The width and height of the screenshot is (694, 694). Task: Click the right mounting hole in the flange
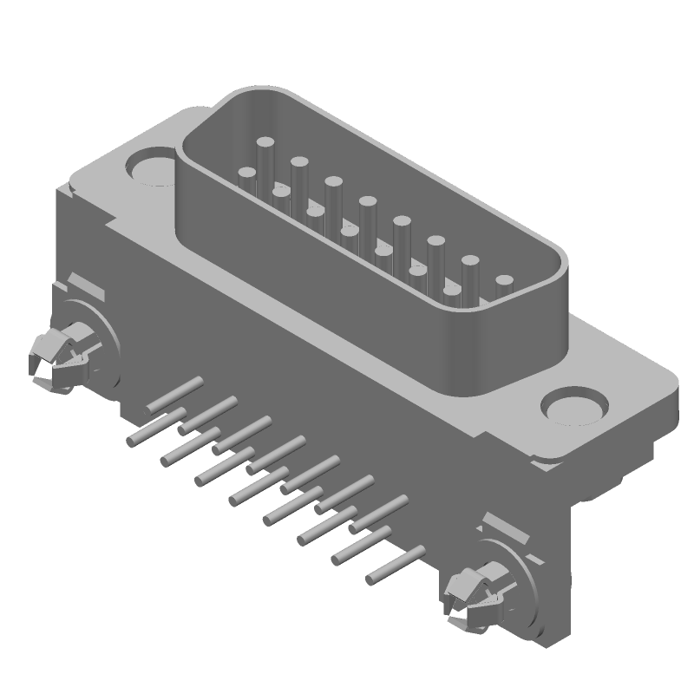[573, 406]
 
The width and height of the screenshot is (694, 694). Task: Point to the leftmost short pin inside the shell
[246, 177]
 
